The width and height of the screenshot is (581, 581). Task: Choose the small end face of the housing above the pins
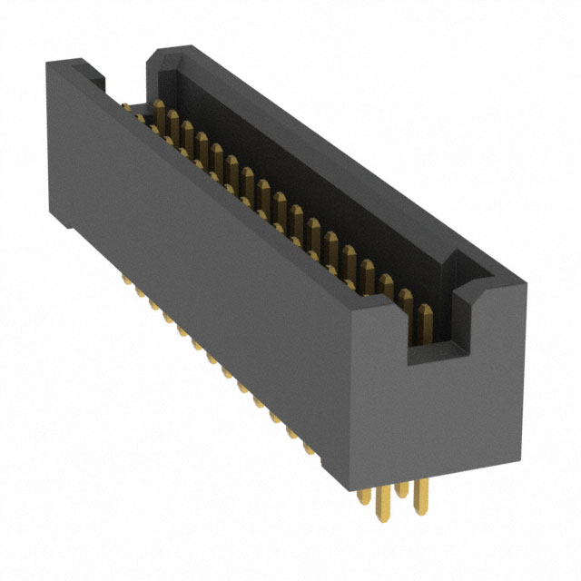pos(454,409)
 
